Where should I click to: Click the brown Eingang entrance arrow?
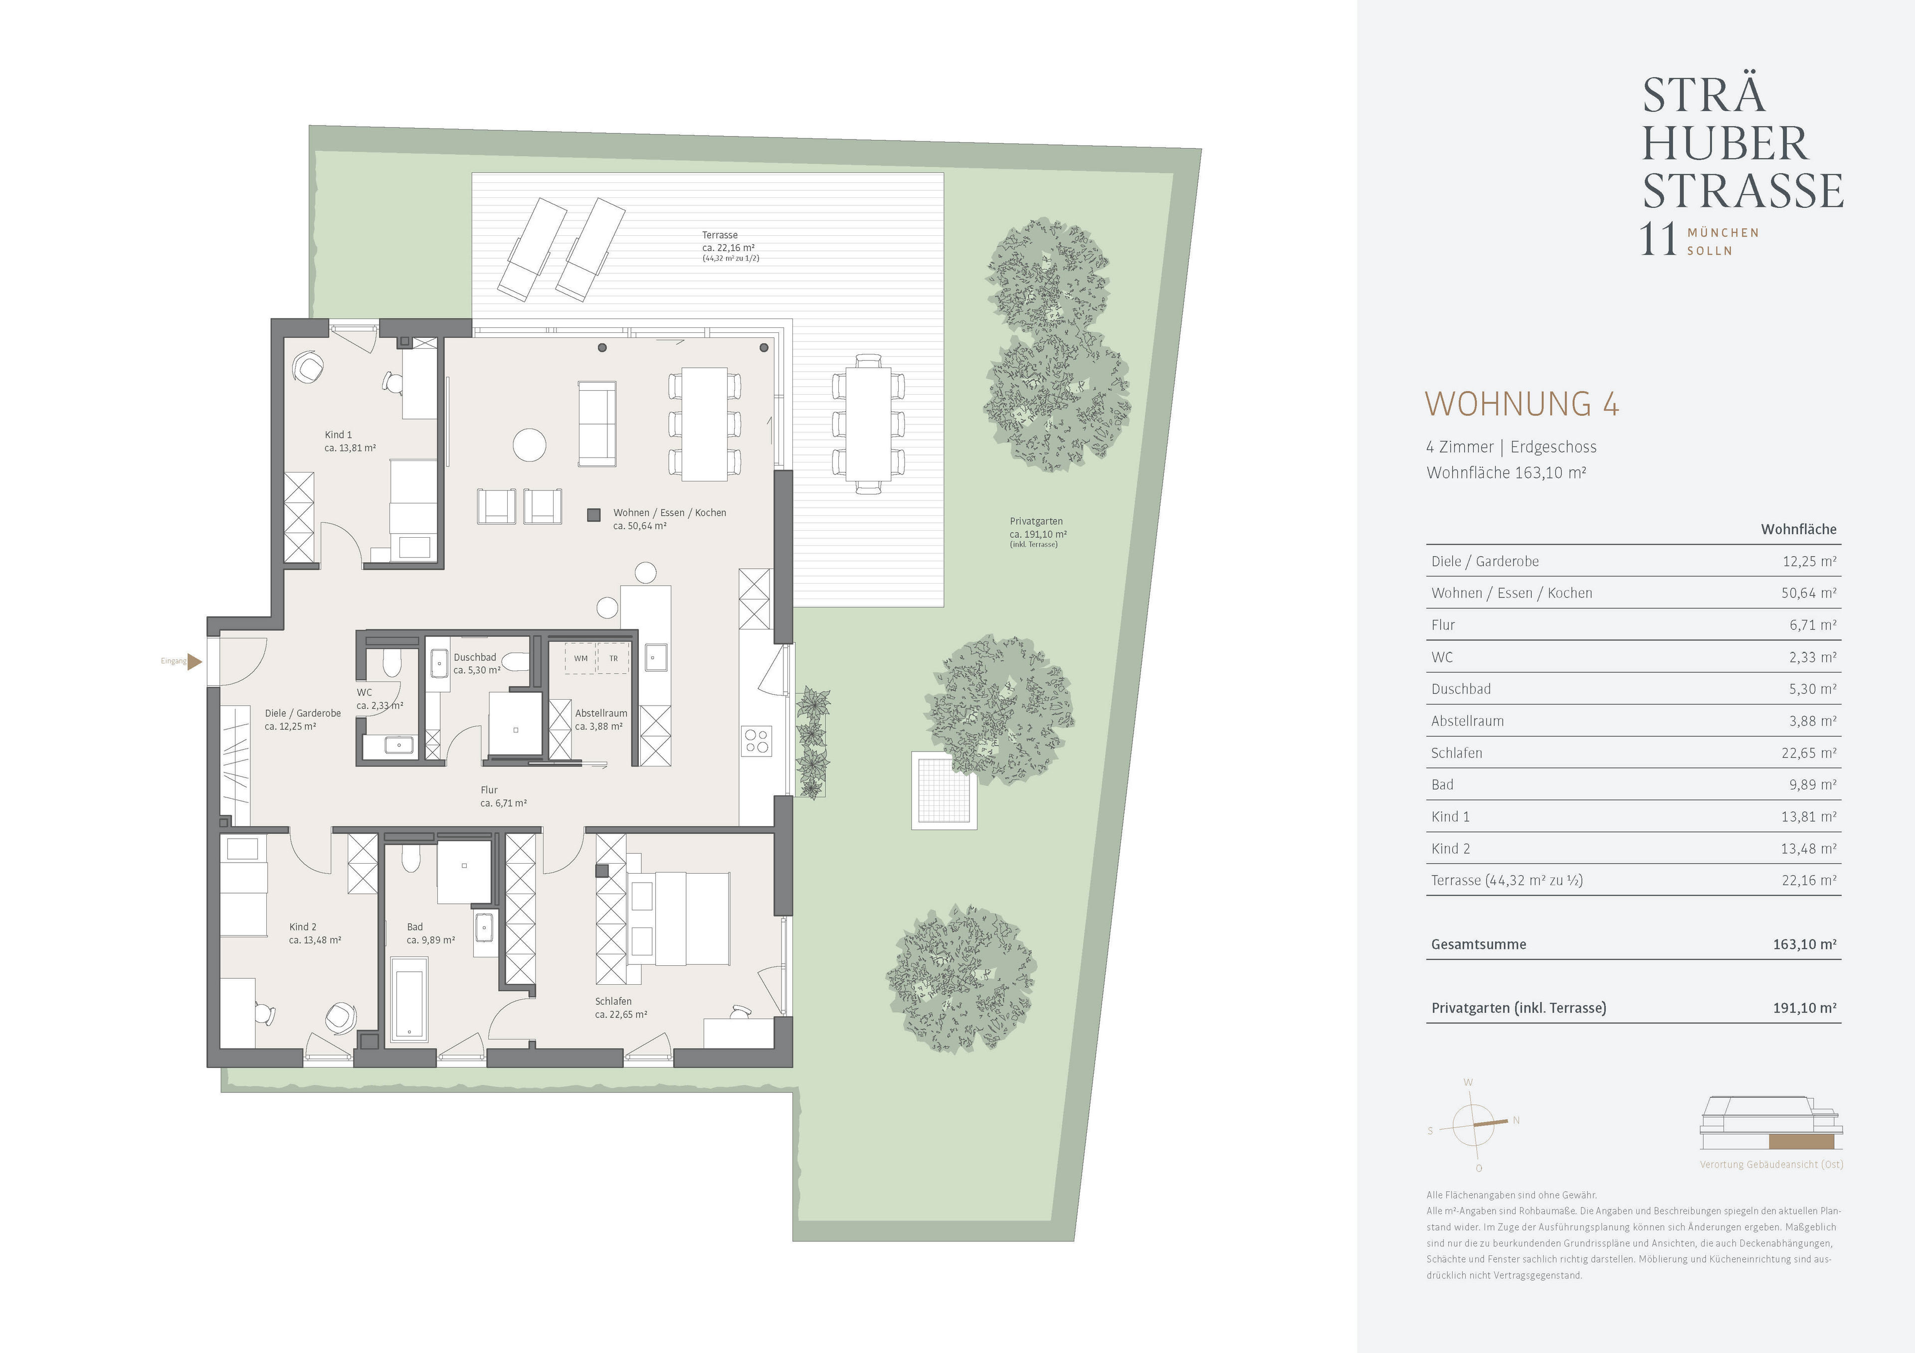194,662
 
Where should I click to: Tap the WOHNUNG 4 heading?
1522,404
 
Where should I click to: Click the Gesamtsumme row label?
1478,944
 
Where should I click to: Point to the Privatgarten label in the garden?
1036,522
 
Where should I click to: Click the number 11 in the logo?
1658,240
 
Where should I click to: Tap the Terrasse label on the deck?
720,235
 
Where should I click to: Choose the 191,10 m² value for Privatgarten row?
1804,1008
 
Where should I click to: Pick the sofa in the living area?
597,424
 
